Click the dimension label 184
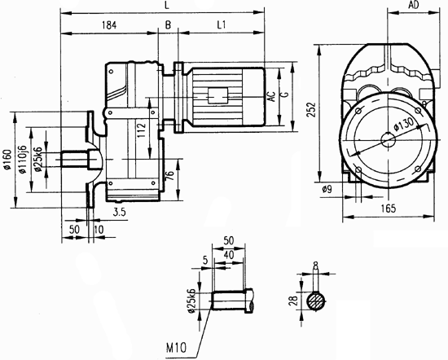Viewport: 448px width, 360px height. pyautogui.click(x=109, y=26)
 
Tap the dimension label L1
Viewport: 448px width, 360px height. pyautogui.click(x=222, y=26)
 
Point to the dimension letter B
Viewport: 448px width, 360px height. pyautogui.click(x=168, y=26)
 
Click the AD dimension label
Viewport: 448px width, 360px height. pyautogui.click(x=413, y=7)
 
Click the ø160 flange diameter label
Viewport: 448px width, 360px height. pyautogui.click(x=7, y=161)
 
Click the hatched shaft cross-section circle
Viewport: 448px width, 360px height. pyautogui.click(x=316, y=300)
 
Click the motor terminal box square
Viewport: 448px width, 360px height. pyautogui.click(x=217, y=95)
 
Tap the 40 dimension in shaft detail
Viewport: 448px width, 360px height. pyautogui.click(x=231, y=254)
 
